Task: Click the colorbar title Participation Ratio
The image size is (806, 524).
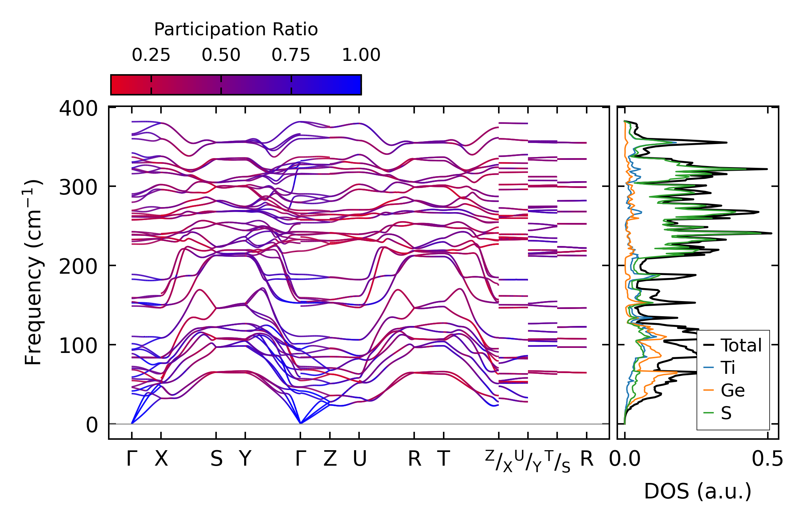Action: click(236, 30)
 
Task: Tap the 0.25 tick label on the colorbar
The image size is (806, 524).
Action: click(151, 55)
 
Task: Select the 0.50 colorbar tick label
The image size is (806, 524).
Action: click(221, 55)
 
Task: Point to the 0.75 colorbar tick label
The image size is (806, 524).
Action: click(291, 55)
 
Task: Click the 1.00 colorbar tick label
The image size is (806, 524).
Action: click(361, 55)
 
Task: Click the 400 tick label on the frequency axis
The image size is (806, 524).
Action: click(78, 108)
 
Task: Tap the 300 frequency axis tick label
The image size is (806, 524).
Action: click(78, 187)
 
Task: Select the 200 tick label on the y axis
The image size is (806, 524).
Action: click(78, 267)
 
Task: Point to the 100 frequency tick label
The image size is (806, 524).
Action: click(78, 346)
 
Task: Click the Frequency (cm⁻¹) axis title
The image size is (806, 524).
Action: click(33, 272)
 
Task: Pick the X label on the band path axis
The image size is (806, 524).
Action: click(161, 459)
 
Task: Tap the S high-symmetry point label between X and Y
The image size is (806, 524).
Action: click(216, 459)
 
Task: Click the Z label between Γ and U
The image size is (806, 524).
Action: click(330, 459)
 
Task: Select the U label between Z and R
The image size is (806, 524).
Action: click(359, 459)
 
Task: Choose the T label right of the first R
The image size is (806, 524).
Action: click(444, 459)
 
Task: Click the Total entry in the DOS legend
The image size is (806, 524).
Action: click(741, 345)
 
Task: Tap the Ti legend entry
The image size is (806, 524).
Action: click(728, 368)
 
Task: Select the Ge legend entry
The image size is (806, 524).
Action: click(733, 390)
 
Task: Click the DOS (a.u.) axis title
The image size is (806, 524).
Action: click(698, 491)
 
